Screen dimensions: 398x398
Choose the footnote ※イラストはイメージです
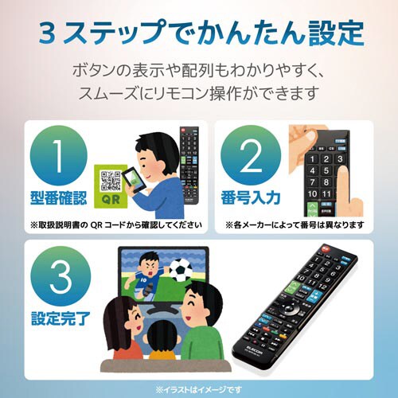pos(199,388)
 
